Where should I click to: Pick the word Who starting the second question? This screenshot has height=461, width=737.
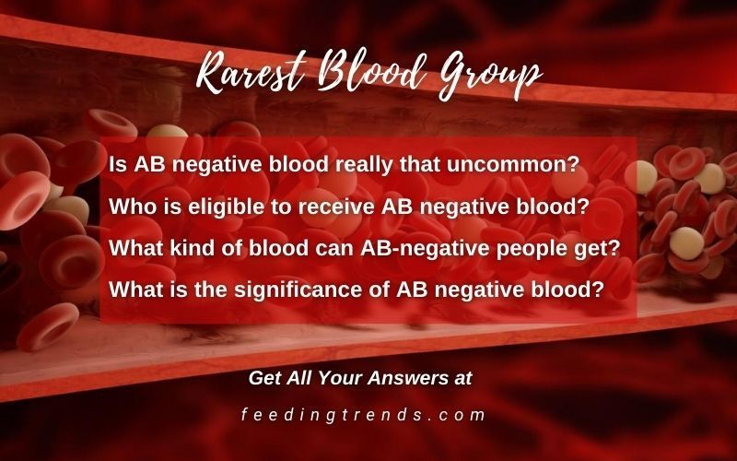tap(129, 207)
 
